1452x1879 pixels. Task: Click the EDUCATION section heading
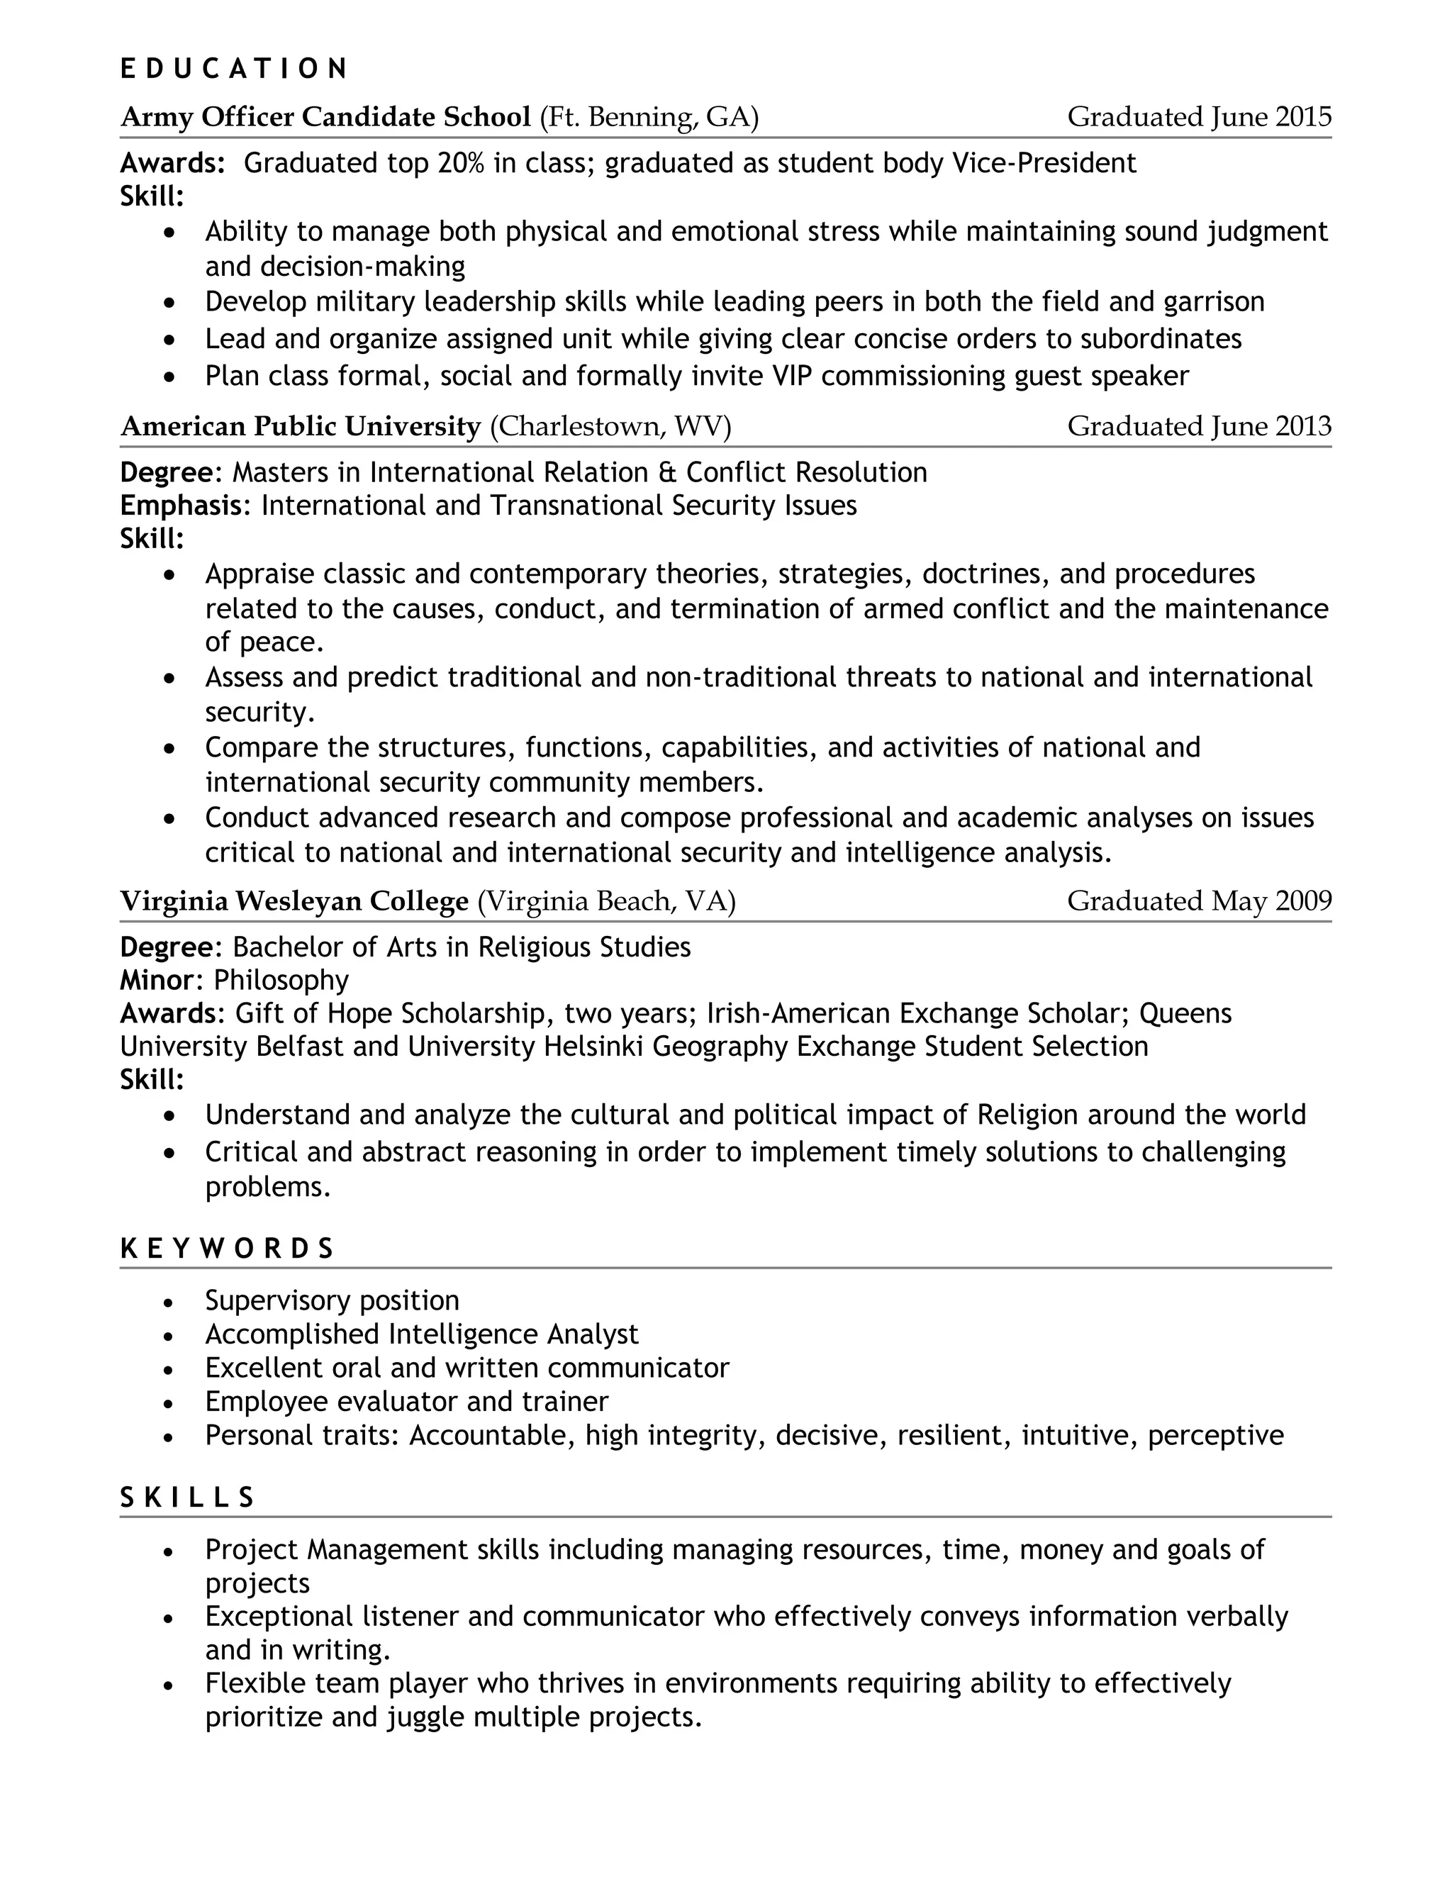[233, 69]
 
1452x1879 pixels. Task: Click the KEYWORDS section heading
[227, 1249]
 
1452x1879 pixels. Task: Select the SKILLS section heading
[187, 1498]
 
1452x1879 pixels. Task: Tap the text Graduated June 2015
[1198, 117]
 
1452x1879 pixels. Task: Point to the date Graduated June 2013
[1198, 427]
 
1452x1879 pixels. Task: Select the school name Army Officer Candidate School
[325, 117]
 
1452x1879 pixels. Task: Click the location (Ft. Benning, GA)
[649, 117]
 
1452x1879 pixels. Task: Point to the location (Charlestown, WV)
[610, 427]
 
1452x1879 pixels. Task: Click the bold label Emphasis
[181, 506]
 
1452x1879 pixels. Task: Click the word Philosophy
[281, 981]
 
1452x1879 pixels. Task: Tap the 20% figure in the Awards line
[460, 164]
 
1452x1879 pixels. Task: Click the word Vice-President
[1044, 164]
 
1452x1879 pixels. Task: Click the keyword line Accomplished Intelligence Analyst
[422, 1335]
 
